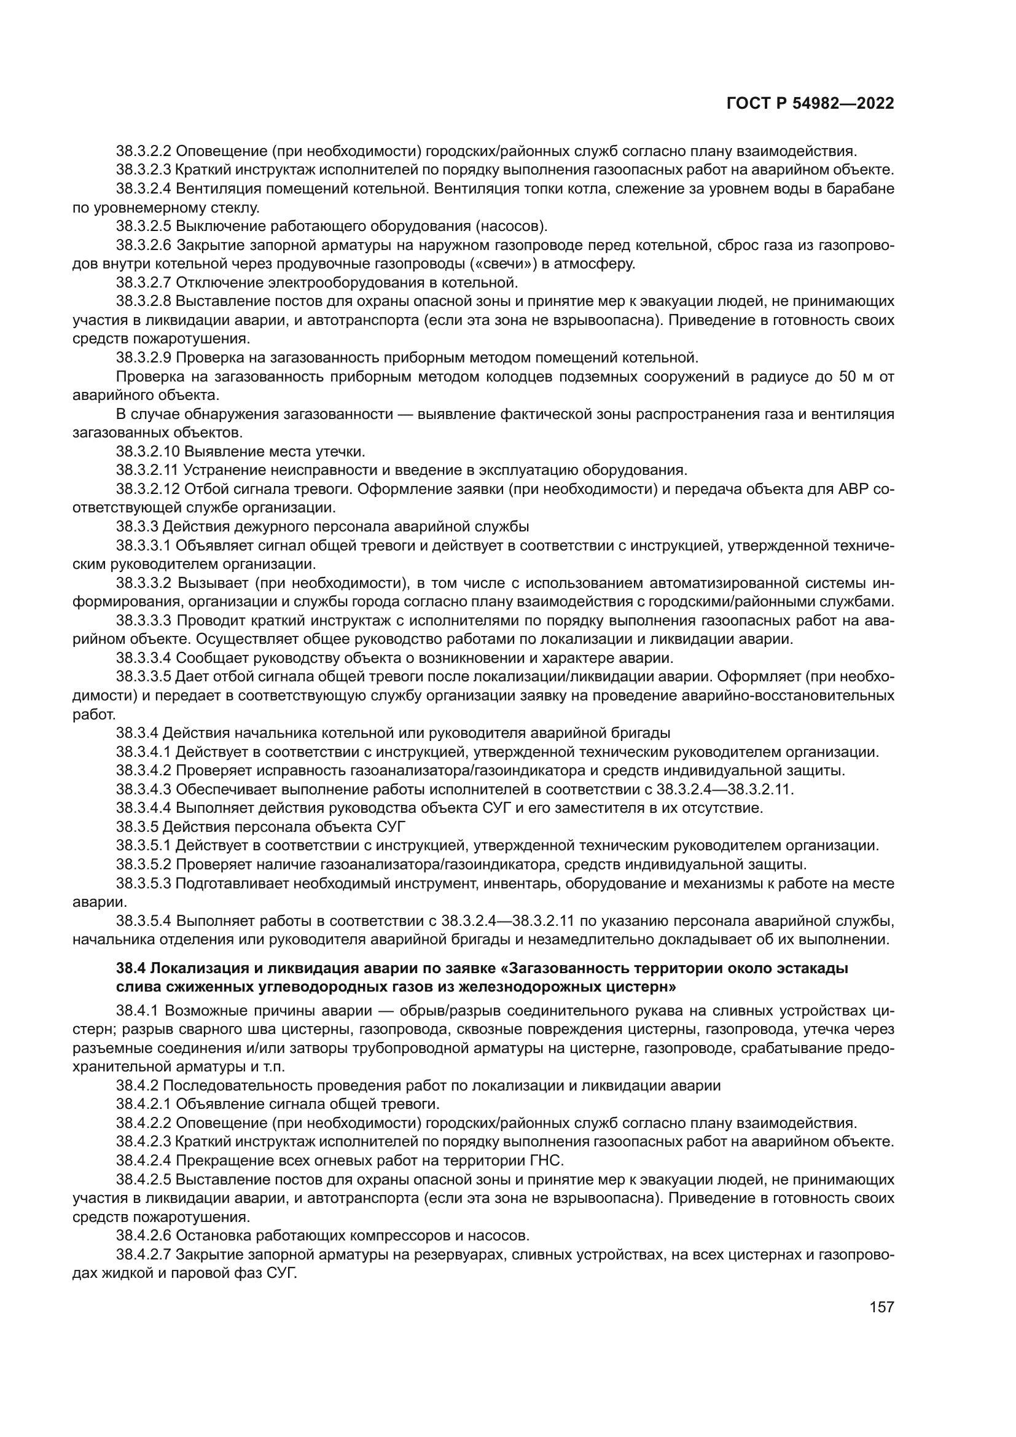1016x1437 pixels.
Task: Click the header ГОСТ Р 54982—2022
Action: tap(810, 104)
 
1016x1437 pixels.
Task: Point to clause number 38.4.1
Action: tap(137, 1011)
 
